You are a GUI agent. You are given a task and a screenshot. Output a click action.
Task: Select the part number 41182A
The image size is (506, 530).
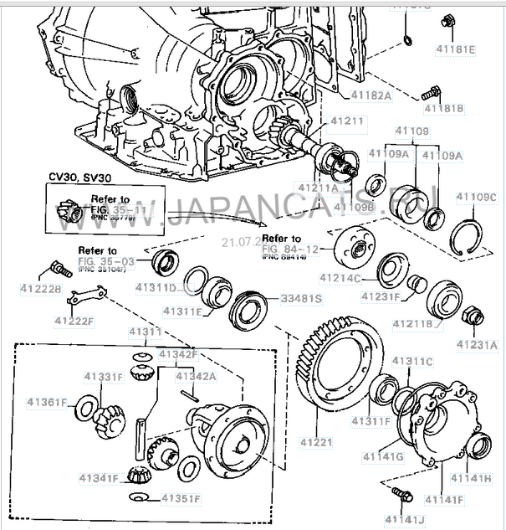(371, 95)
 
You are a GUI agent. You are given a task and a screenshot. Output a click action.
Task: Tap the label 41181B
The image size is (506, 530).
(444, 108)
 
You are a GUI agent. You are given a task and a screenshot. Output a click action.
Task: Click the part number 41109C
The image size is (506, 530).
(476, 198)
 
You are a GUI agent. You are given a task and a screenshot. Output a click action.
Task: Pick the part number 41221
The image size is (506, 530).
(316, 438)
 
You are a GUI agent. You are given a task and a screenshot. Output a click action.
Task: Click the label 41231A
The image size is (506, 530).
(476, 343)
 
